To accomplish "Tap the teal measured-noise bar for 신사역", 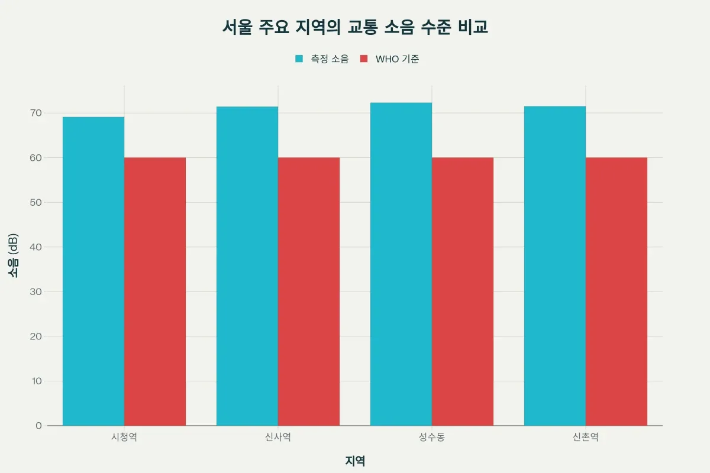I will (247, 266).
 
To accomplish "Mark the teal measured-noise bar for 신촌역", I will (555, 266).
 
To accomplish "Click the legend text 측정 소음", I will (330, 59).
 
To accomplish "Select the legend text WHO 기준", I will (398, 59).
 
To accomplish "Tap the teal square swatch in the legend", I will (299, 59).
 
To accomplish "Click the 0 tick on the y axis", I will (38, 426).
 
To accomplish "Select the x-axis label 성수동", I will (432, 438).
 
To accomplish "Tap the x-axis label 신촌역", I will (586, 438).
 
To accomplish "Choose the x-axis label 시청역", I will (124, 438).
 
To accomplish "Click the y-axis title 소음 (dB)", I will (14, 255).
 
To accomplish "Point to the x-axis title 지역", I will (355, 461).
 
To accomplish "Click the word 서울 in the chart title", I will (237, 27).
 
